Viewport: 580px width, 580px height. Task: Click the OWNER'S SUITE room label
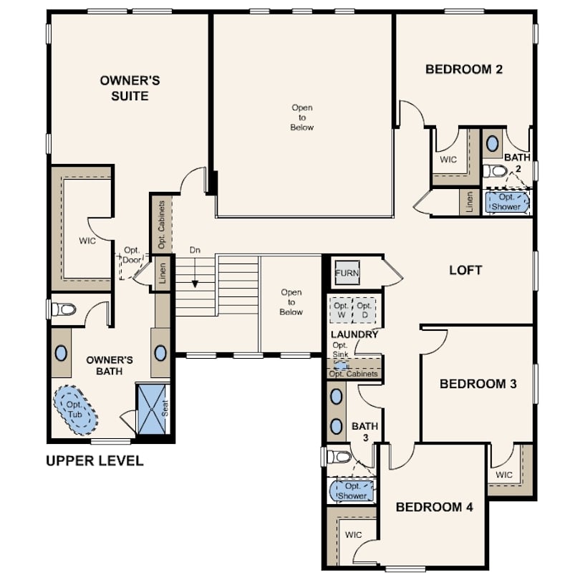click(130, 88)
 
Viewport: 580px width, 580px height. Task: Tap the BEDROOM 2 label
click(464, 69)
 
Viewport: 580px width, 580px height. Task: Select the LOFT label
click(465, 271)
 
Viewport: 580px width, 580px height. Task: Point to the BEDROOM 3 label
click(478, 384)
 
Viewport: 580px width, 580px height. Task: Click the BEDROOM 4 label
click(434, 507)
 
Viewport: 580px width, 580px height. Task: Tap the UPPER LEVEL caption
click(95, 461)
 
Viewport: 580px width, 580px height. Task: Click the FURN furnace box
click(347, 273)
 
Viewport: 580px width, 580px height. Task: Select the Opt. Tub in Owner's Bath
click(76, 410)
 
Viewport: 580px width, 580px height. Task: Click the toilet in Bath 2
click(495, 171)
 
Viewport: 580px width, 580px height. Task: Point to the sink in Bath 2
click(492, 143)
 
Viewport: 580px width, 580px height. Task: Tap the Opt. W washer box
click(341, 310)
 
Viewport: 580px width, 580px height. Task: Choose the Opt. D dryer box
click(364, 310)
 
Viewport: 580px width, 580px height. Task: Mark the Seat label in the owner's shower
click(165, 408)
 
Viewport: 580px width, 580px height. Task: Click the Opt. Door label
click(132, 255)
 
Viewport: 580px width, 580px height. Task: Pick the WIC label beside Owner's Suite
click(87, 241)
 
